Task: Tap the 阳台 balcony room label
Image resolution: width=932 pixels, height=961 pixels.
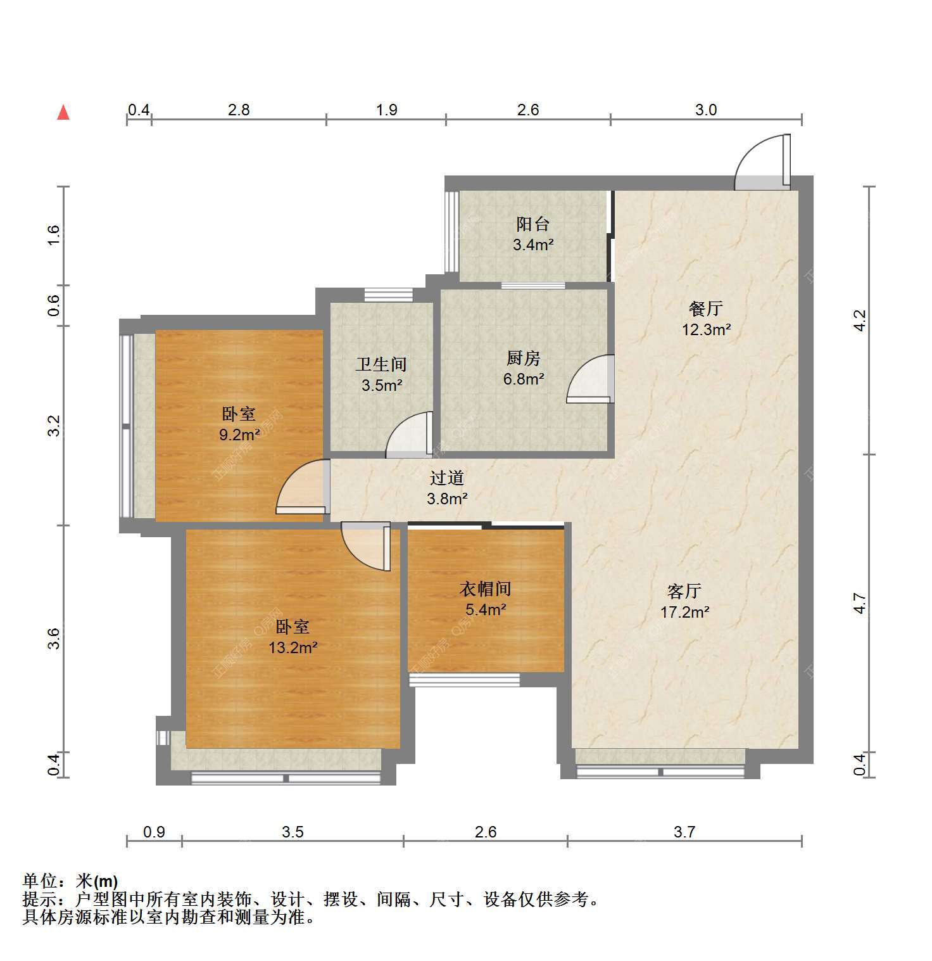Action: pyautogui.click(x=532, y=224)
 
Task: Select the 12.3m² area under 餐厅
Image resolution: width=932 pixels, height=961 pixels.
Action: pyautogui.click(x=706, y=329)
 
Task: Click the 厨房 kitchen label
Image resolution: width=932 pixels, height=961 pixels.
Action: pyautogui.click(x=523, y=359)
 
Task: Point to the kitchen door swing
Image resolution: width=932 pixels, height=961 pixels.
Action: pyautogui.click(x=591, y=379)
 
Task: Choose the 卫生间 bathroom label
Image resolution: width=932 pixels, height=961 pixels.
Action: pyautogui.click(x=381, y=364)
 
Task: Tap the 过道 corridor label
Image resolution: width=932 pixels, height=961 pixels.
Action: pyautogui.click(x=447, y=478)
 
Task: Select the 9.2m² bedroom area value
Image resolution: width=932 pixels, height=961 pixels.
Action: pyautogui.click(x=240, y=435)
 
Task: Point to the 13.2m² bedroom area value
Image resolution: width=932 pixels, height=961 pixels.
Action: pyautogui.click(x=293, y=647)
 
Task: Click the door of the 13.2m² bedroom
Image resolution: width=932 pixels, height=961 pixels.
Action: pyautogui.click(x=366, y=546)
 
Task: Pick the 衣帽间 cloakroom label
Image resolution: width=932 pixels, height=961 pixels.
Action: pyautogui.click(x=485, y=589)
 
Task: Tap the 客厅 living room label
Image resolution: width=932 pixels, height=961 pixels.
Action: pyautogui.click(x=684, y=591)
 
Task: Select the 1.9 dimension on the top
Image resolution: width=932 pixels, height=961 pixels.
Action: pyautogui.click(x=387, y=110)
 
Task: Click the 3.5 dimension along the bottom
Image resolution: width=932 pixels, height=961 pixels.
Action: pyautogui.click(x=293, y=831)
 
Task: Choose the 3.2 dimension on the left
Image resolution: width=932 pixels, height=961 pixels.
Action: pyautogui.click(x=54, y=425)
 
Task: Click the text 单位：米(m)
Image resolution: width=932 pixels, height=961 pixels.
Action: pyautogui.click(x=70, y=881)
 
